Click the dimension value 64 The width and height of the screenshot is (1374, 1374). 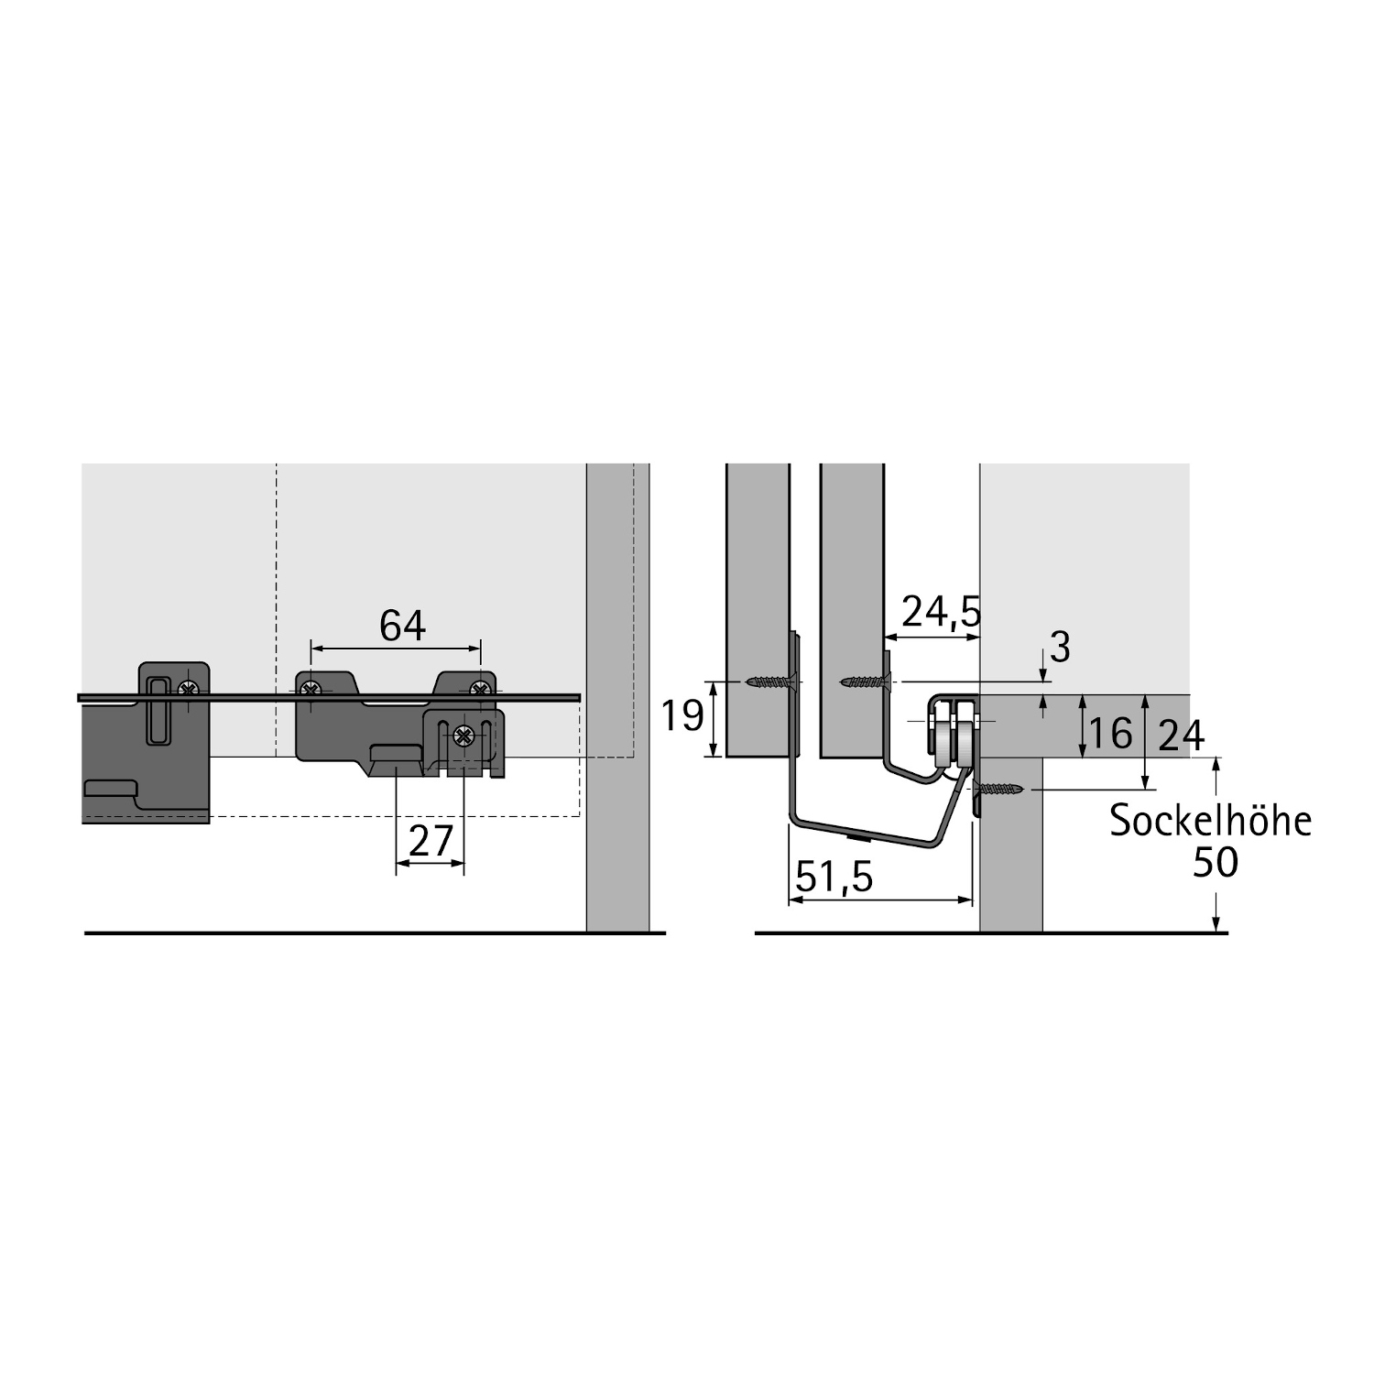(403, 626)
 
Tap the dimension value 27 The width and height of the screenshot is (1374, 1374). (431, 841)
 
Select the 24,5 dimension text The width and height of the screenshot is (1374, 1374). (941, 612)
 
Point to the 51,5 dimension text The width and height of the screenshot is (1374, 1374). (834, 877)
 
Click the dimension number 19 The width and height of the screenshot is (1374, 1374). (682, 715)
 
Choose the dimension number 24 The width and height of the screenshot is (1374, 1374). (1182, 735)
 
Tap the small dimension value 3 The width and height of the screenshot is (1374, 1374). (1060, 648)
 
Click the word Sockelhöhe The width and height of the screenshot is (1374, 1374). (1210, 821)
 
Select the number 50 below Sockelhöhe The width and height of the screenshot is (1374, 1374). (1216, 862)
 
